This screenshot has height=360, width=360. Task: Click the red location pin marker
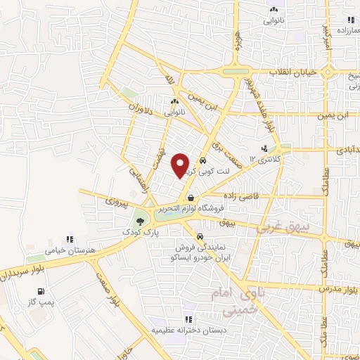click(181, 165)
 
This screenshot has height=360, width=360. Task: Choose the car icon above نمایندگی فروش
click(202, 236)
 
